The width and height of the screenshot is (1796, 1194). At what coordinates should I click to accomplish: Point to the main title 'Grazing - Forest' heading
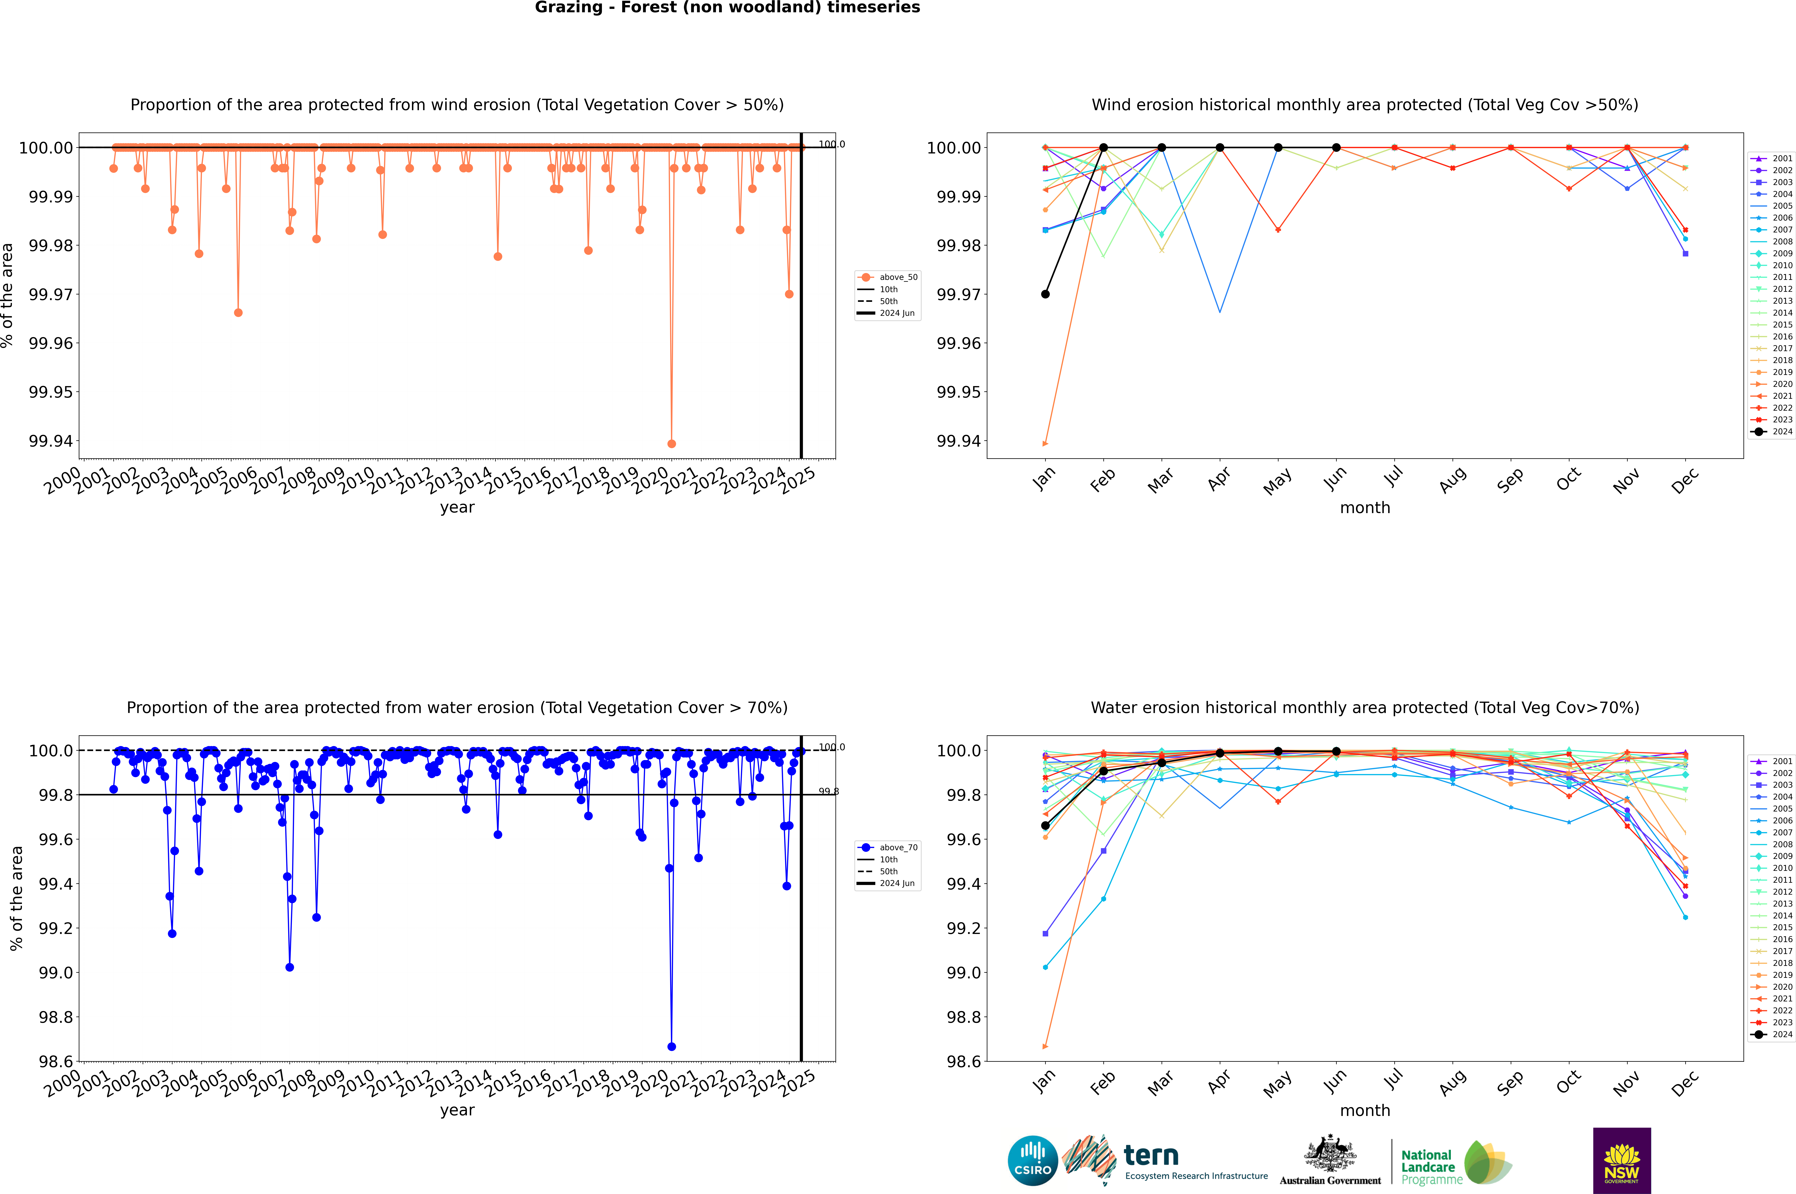point(727,8)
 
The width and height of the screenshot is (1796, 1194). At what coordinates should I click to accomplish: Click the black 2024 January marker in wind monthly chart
point(1045,294)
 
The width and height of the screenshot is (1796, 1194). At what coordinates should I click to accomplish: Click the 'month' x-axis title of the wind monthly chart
point(1364,508)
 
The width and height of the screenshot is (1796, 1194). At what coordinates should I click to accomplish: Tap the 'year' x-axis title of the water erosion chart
point(457,1110)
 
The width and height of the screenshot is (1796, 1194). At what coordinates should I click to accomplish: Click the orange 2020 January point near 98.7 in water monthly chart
point(1045,1046)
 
